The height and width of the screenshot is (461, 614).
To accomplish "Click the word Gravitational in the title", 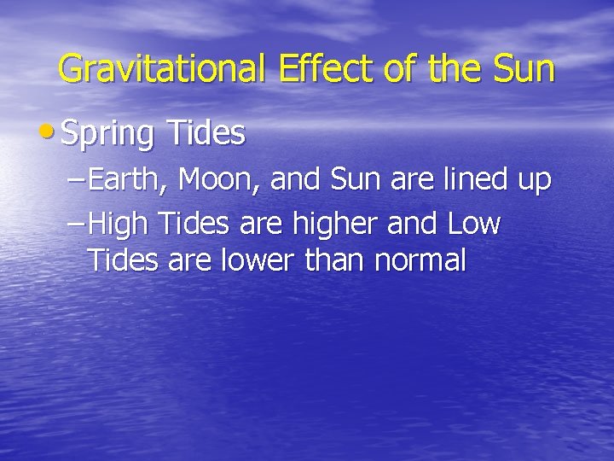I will click(163, 69).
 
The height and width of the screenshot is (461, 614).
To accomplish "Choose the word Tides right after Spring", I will click(206, 132).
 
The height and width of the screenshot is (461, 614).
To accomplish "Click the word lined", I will click(472, 180).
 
